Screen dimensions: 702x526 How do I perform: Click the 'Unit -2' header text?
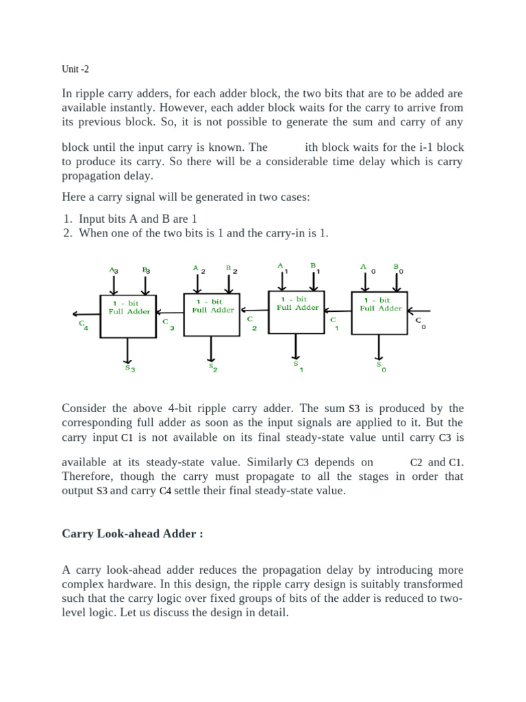click(x=75, y=69)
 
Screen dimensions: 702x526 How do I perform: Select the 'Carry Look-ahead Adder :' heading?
click(x=133, y=533)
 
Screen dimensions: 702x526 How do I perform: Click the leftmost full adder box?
click(x=129, y=316)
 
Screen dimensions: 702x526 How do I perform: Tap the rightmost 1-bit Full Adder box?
click(x=380, y=313)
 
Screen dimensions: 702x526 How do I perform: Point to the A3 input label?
click(x=114, y=271)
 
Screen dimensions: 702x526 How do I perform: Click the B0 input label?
click(x=399, y=269)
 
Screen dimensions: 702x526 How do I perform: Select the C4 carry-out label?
click(x=83, y=325)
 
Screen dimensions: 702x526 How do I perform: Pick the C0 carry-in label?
click(x=420, y=323)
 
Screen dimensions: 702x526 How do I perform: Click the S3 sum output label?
click(x=129, y=368)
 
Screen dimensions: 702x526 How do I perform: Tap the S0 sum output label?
click(x=380, y=367)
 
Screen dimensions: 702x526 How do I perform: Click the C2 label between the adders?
click(x=251, y=322)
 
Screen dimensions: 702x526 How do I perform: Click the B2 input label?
click(x=231, y=269)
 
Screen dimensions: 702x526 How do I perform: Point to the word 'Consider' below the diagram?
click(x=85, y=408)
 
